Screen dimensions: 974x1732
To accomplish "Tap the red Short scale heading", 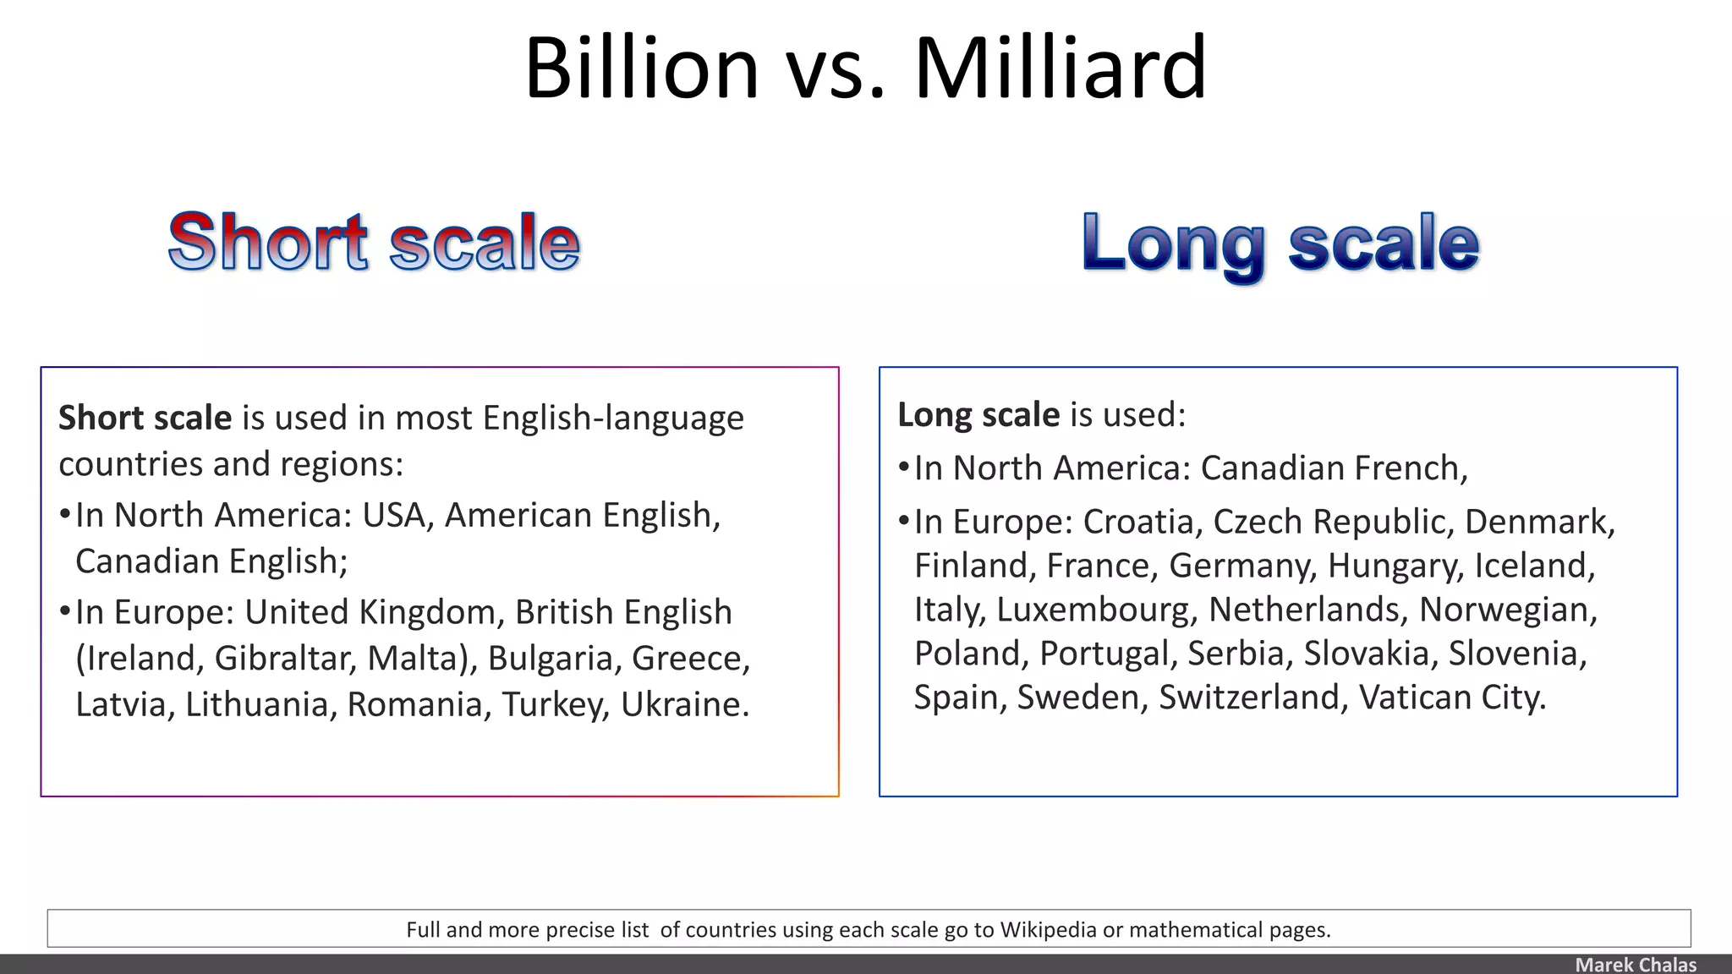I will [374, 243].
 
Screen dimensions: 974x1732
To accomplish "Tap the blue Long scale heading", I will [1280, 244].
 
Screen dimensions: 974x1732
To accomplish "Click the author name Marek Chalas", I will [1635, 965].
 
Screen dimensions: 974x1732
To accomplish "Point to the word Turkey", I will [555, 704].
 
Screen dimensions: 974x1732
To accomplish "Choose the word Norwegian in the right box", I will [1507, 610].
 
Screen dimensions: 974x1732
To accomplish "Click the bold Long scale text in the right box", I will [978, 415].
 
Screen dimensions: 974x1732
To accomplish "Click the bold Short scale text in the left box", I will [145, 419].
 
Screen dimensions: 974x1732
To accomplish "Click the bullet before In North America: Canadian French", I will [903, 468].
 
